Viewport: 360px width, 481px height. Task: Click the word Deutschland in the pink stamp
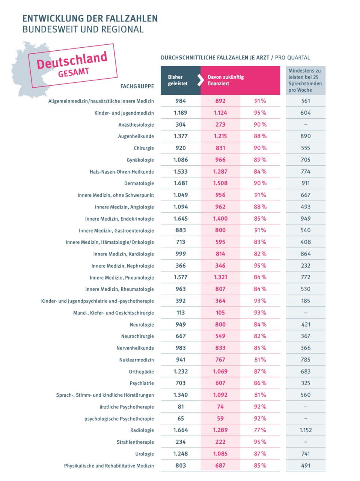tap(72, 61)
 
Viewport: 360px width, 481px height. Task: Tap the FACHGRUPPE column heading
tap(137, 86)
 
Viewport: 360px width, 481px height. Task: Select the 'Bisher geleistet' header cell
tap(181, 80)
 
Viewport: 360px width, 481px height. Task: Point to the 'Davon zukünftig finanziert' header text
tap(226, 80)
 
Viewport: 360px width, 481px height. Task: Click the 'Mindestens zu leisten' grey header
tap(305, 80)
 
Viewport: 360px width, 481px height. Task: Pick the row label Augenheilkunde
tap(136, 136)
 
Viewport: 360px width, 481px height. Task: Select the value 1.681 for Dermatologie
tap(181, 183)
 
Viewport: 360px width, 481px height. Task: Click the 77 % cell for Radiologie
tap(260, 430)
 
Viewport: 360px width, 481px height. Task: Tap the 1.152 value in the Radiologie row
tap(306, 430)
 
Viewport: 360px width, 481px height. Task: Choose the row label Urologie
tap(145, 454)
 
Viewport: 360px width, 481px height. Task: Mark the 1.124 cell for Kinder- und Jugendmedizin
tap(220, 113)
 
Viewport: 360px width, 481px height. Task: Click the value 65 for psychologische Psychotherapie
tap(181, 418)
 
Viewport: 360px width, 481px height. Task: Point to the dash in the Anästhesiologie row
tap(306, 125)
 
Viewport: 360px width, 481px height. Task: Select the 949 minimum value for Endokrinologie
tap(306, 218)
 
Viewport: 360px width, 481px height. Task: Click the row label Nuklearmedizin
tap(137, 360)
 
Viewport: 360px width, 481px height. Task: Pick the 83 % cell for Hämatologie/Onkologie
tap(260, 242)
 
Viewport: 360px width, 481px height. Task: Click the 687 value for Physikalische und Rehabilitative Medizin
tap(220, 466)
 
